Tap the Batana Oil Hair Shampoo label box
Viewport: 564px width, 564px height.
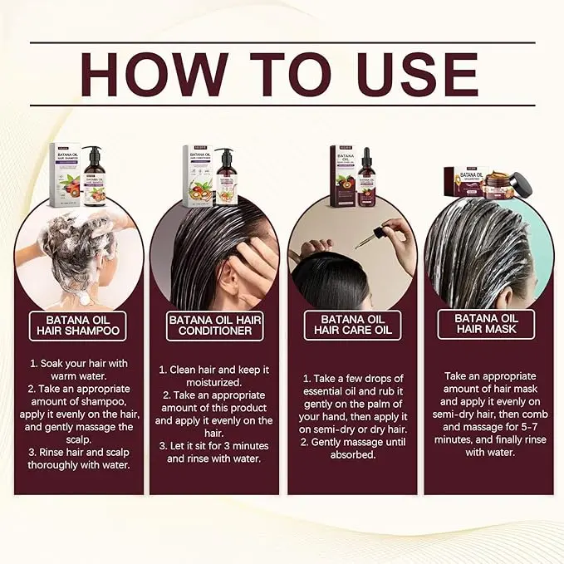click(78, 324)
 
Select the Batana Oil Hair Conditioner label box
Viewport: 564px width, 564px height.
click(210, 325)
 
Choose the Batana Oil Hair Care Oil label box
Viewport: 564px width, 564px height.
click(351, 325)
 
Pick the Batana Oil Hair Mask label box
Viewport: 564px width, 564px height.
click(486, 324)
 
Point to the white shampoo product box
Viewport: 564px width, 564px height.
click(65, 174)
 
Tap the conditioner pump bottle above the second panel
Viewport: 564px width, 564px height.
click(226, 177)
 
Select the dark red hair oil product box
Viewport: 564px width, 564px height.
click(342, 175)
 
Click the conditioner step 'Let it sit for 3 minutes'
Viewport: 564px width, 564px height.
click(210, 452)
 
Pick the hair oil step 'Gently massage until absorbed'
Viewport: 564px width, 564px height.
click(351, 448)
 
